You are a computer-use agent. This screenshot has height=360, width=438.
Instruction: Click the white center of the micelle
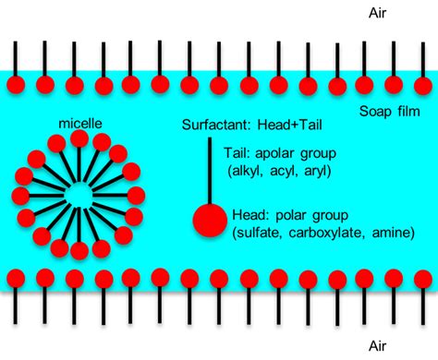coord(77,196)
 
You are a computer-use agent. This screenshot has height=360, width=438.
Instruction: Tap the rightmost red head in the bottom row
coord(424,276)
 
